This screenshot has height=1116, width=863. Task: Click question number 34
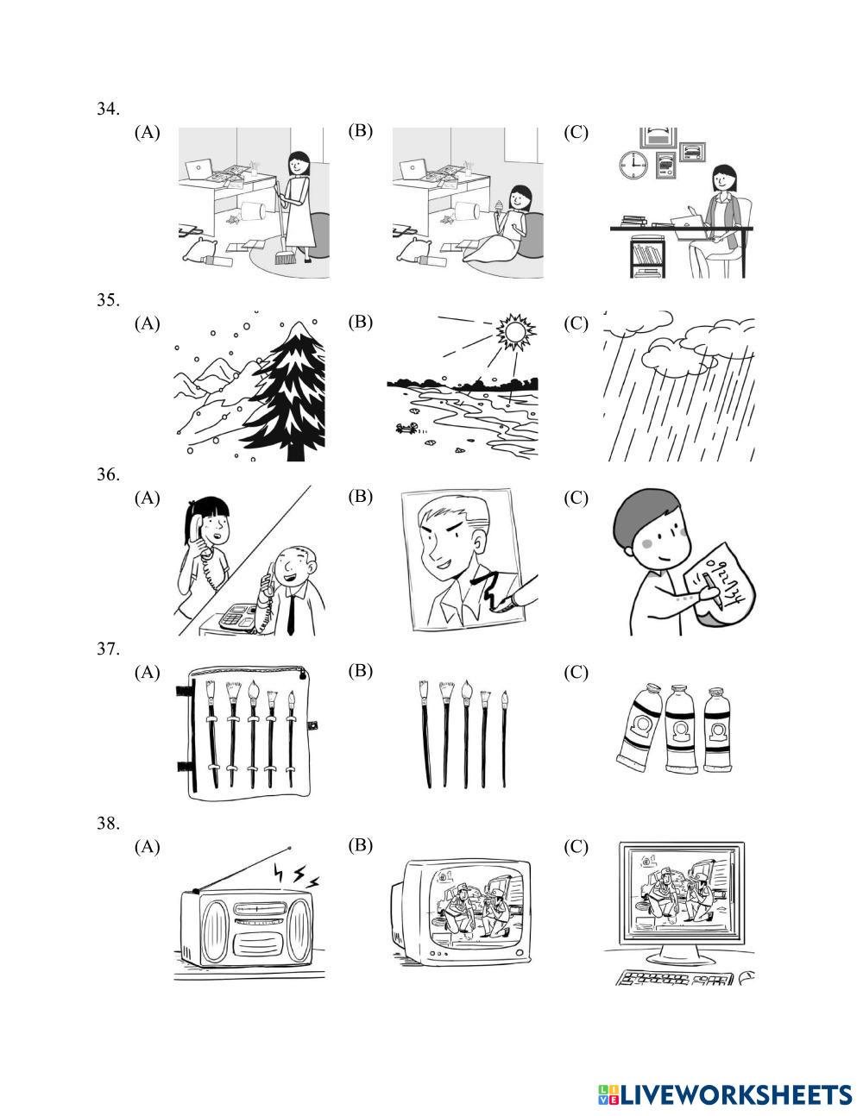(107, 109)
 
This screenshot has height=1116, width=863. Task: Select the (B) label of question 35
(360, 322)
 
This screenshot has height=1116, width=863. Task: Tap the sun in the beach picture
(515, 332)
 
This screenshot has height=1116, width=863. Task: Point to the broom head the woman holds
(285, 257)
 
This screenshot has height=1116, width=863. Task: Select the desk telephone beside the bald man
(237, 616)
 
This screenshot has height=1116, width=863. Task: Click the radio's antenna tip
(289, 849)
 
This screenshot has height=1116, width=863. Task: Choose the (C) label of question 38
(576, 846)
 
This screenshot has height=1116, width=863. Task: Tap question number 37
(107, 649)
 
